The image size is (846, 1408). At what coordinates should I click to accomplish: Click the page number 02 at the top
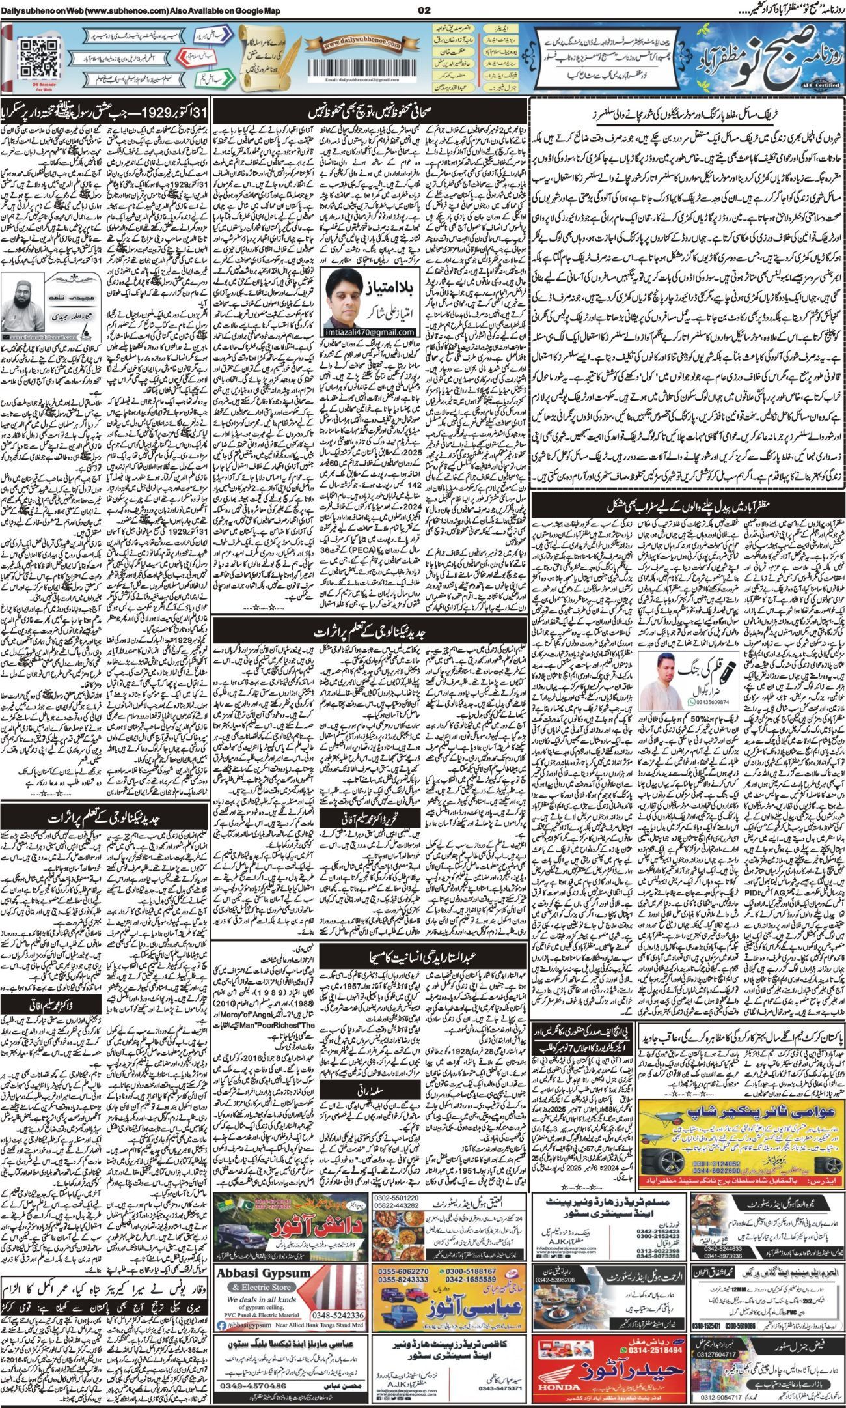pos(424,10)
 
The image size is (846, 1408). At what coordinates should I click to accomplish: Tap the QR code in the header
pos(32,54)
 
